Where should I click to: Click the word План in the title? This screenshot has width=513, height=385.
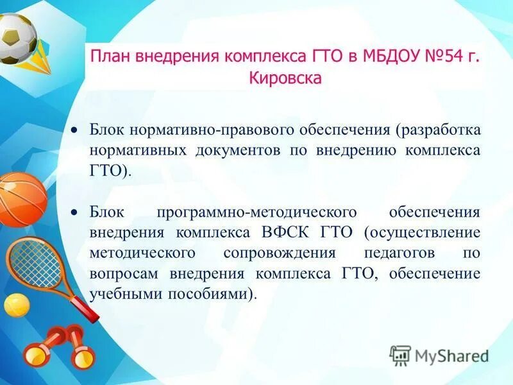click(x=108, y=56)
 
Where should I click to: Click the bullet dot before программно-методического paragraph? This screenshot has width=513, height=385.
click(x=74, y=212)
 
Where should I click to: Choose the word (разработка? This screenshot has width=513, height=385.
click(x=437, y=130)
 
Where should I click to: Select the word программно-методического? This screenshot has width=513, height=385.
click(x=265, y=212)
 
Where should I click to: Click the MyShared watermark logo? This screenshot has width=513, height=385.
click(x=439, y=355)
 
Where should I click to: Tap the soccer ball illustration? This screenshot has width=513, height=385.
click(x=16, y=37)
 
